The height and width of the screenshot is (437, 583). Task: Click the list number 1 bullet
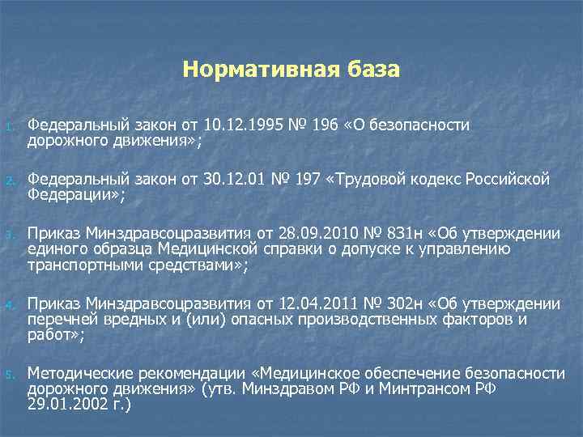7,126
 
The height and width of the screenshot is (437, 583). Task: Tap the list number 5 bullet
7,375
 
